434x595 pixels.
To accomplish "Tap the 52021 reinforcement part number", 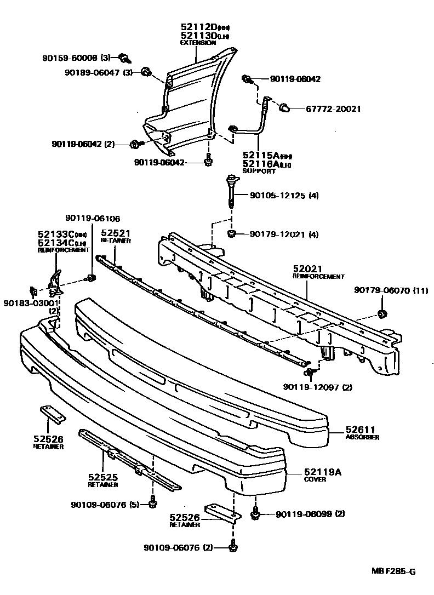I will click(307, 269).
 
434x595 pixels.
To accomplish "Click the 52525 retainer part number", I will click(102, 477).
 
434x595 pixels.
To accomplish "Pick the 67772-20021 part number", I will click(325, 108).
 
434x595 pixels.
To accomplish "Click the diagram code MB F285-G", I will click(393, 572).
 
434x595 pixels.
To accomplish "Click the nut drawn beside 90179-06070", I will click(381, 314).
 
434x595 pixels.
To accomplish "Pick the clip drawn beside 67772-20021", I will click(284, 108).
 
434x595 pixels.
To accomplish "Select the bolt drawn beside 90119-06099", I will click(255, 514).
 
